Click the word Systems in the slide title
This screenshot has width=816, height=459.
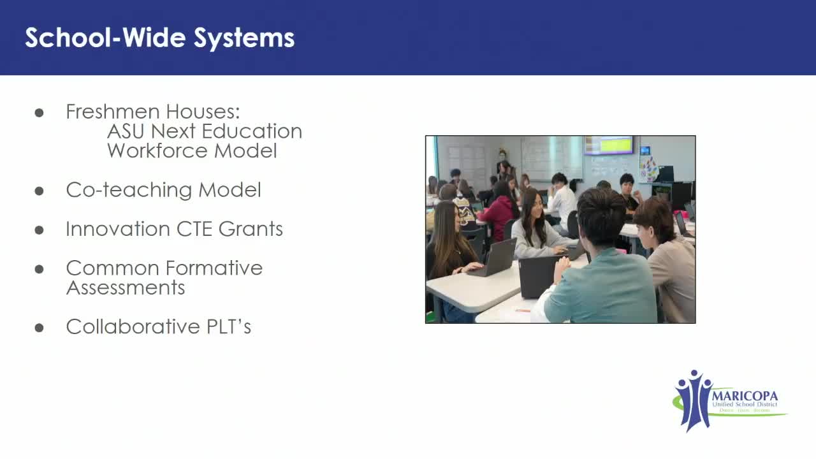pyautogui.click(x=244, y=38)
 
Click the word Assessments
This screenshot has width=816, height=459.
pyautogui.click(x=126, y=288)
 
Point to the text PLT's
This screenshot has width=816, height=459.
pyautogui.click(x=229, y=326)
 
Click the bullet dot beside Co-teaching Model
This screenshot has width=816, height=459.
pyautogui.click(x=40, y=191)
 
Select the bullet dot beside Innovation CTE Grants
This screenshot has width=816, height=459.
pyautogui.click(x=40, y=229)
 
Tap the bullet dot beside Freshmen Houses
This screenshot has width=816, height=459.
pyautogui.click(x=40, y=113)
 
